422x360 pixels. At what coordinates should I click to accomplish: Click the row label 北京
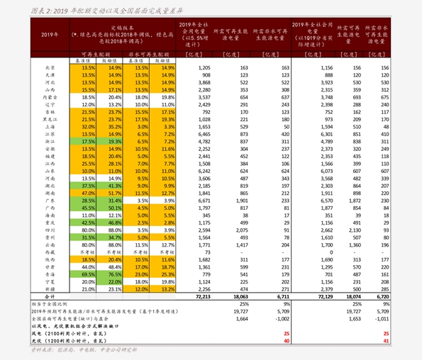tap(50, 67)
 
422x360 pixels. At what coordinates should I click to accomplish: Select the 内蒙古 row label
tap(50, 98)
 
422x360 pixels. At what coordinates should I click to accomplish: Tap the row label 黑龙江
tap(50, 120)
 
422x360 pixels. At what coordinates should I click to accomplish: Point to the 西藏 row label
tap(50, 252)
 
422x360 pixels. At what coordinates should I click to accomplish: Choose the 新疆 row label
tap(50, 289)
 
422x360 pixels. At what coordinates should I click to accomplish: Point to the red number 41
tap(386, 341)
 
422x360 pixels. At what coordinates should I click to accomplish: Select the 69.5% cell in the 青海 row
tap(89, 274)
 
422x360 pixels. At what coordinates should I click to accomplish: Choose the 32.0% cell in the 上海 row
tap(89, 127)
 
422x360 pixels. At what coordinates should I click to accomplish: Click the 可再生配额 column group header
tap(96, 53)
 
